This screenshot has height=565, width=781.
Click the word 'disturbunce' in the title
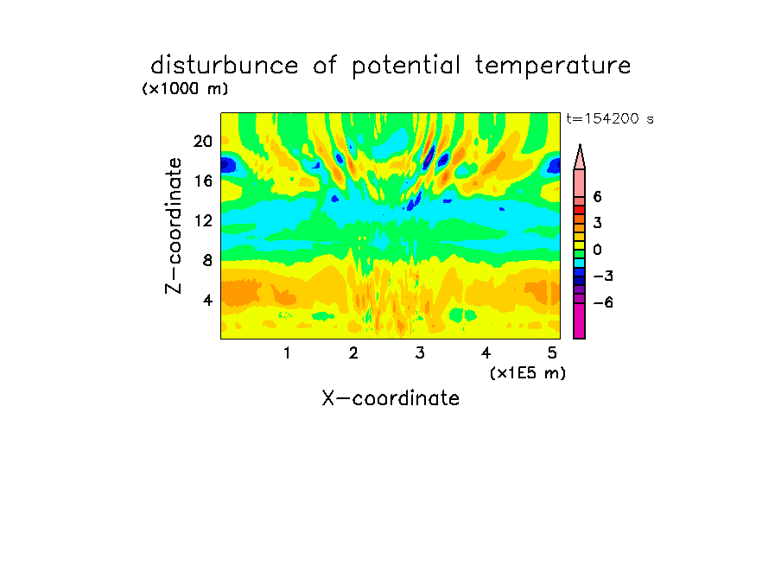[225, 66]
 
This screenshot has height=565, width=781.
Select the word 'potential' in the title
[406, 67]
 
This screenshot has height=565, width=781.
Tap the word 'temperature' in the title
[553, 67]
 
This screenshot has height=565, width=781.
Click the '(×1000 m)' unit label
[185, 89]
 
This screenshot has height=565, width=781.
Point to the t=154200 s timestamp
[610, 118]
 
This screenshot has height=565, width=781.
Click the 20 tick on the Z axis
[203, 142]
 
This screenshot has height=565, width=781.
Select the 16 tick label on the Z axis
[203, 181]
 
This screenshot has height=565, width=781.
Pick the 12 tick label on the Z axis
[203, 220]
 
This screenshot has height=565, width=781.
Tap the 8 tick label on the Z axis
[207, 260]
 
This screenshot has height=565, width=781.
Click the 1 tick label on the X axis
[287, 352]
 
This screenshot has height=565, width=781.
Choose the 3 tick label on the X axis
[420, 352]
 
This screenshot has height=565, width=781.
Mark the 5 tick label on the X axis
[552, 352]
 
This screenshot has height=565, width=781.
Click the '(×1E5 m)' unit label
[528, 372]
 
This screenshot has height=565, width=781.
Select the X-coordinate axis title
[390, 398]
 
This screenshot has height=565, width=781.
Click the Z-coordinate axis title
[174, 225]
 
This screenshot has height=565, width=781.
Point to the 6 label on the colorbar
[597, 197]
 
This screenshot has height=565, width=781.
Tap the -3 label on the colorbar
[603, 276]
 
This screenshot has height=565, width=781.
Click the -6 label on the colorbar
[603, 302]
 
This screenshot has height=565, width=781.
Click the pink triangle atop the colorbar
[580, 157]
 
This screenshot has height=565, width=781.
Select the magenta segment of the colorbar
[580, 321]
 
